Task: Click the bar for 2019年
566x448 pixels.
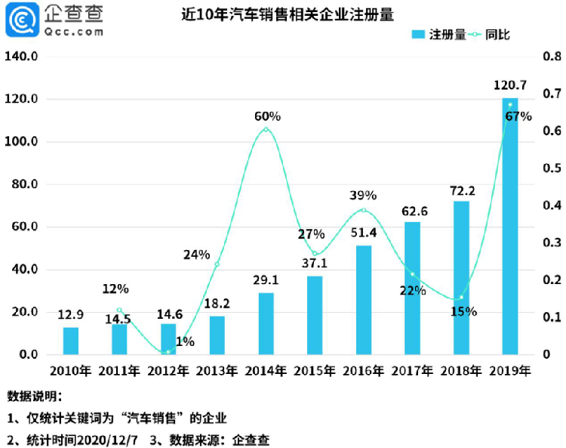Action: [x=510, y=227]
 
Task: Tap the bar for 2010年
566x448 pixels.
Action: [x=70, y=341]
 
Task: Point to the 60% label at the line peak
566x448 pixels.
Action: [x=266, y=116]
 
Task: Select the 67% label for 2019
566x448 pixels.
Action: [x=518, y=116]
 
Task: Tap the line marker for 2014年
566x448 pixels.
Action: [x=266, y=130]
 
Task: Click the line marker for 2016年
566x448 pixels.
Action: [x=364, y=210]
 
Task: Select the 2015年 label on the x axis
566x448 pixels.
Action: [x=315, y=371]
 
